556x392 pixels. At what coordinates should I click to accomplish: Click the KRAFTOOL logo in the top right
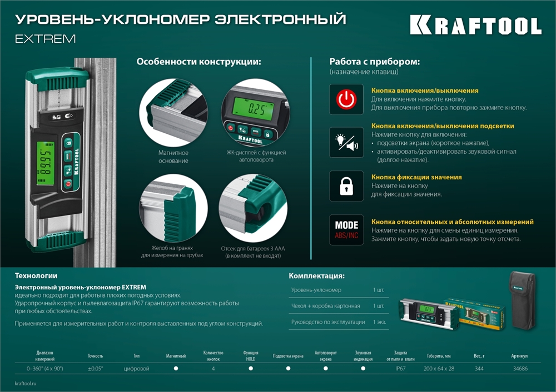tap(475, 26)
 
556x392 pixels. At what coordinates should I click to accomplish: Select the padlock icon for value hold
tap(346, 185)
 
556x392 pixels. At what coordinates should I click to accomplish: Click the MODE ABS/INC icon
tap(346, 229)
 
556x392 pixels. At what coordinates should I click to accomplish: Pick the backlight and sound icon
tap(346, 143)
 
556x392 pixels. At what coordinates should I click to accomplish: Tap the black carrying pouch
tap(522, 300)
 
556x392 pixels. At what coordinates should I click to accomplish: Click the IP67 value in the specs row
tap(400, 368)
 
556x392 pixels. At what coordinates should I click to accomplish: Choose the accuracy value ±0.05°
tap(95, 368)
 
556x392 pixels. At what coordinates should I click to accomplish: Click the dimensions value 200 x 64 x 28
tap(439, 368)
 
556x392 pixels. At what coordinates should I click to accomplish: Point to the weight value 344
tap(480, 368)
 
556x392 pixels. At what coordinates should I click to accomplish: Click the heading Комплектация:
tap(316, 275)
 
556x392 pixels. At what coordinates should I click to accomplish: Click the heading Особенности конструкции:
tap(198, 62)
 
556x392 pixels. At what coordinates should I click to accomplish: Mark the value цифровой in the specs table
tap(136, 368)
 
